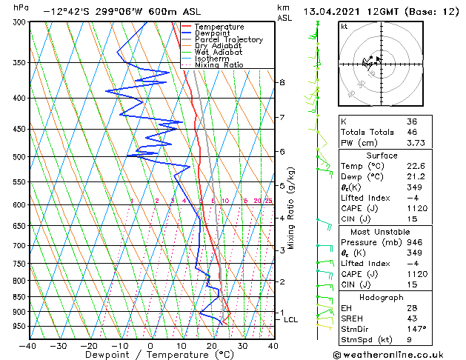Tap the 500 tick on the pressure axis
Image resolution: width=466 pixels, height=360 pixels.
(x=19, y=157)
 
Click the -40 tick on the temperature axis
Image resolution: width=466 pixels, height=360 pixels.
(x=28, y=345)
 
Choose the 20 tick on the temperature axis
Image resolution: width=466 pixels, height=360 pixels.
(x=212, y=345)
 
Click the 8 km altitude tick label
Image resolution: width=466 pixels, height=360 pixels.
(x=282, y=82)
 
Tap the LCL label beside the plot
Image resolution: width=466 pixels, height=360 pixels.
(x=290, y=320)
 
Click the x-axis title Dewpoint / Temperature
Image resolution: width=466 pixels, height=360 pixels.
(x=151, y=356)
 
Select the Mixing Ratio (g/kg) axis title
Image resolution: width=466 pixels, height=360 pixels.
(x=292, y=207)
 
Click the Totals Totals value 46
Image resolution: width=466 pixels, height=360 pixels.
(x=412, y=133)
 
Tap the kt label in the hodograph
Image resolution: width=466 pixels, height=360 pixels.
(x=344, y=27)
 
